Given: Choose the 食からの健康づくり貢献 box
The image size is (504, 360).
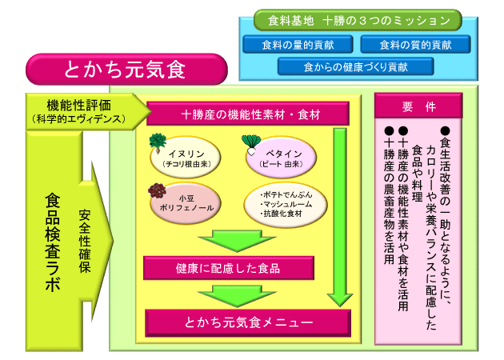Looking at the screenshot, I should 355,66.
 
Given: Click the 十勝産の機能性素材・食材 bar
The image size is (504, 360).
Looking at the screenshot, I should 246,115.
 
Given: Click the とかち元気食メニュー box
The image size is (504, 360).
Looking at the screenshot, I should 248,322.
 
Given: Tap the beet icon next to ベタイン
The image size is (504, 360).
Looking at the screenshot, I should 250,145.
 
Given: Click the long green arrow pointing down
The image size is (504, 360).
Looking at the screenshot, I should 339,216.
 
